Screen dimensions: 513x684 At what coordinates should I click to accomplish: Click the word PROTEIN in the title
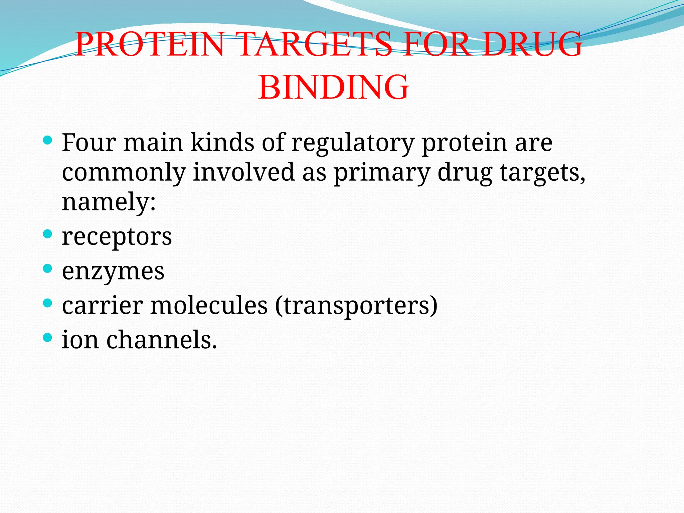click(150, 44)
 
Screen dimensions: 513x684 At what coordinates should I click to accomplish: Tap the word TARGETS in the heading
click(316, 44)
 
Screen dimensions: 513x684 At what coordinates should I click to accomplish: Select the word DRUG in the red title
click(533, 44)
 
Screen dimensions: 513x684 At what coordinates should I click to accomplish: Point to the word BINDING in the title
click(333, 88)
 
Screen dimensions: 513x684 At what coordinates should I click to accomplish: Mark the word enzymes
click(113, 271)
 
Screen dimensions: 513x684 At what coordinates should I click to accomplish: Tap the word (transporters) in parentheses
click(356, 306)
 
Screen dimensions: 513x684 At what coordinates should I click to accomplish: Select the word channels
click(162, 340)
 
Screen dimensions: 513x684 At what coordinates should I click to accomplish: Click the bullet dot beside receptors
click(48, 234)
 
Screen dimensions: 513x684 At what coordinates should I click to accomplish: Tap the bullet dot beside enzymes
click(48, 268)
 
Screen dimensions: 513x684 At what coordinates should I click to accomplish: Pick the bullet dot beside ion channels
click(48, 337)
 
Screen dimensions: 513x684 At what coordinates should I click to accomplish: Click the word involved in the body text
click(244, 172)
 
